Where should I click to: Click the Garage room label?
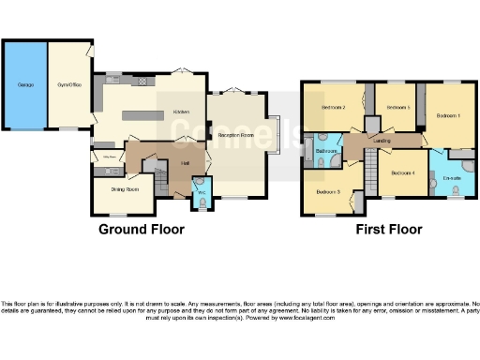point(24,85)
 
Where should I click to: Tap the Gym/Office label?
point(69,85)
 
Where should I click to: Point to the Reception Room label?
point(236,136)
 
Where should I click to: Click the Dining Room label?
point(125,189)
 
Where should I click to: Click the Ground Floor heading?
point(142,229)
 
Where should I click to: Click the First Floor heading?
point(388,229)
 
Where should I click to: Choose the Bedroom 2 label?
point(335,108)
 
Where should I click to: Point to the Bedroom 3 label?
point(327,191)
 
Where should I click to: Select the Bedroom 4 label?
point(403,172)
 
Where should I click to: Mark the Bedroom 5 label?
point(397,108)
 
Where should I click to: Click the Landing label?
point(382,142)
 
